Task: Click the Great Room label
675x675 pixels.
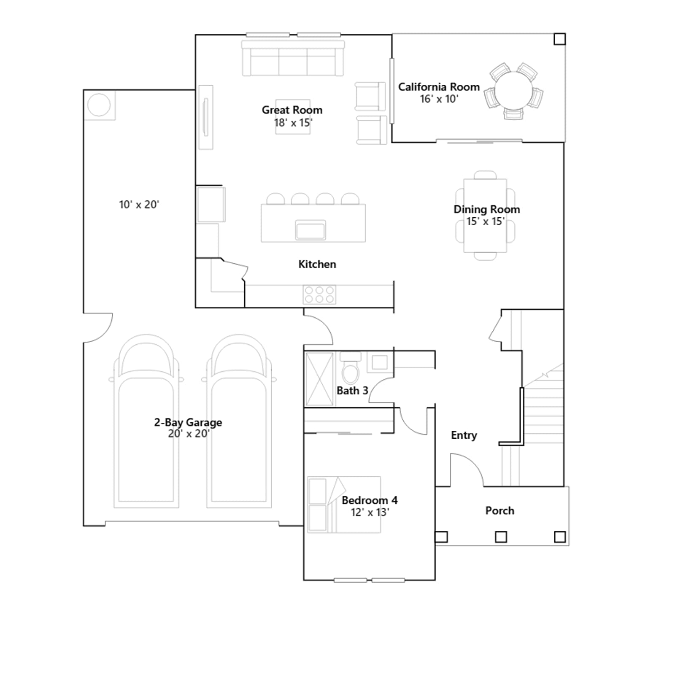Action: click(x=292, y=110)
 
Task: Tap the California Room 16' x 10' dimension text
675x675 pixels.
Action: click(x=439, y=99)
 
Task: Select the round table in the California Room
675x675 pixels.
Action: click(x=513, y=91)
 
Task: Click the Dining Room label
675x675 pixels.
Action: click(x=486, y=209)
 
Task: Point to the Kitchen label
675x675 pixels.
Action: click(x=317, y=265)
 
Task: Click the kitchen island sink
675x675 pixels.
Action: click(x=310, y=230)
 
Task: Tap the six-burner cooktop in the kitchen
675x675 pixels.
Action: click(x=319, y=294)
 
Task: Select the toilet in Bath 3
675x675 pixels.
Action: click(x=350, y=369)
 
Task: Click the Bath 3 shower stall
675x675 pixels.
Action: click(x=319, y=379)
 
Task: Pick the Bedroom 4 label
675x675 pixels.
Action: click(x=370, y=500)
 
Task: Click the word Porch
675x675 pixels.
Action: click(x=500, y=511)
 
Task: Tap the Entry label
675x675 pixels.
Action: click(x=464, y=435)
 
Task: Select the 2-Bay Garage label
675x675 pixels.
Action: click(x=188, y=422)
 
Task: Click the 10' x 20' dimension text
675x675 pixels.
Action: click(x=139, y=205)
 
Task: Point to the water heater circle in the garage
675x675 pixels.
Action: click(x=99, y=105)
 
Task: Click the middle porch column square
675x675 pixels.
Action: click(x=501, y=537)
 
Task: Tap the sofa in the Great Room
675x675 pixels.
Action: click(x=293, y=58)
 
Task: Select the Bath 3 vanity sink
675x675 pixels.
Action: click(x=380, y=362)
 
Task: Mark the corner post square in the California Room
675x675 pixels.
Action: click(x=559, y=39)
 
